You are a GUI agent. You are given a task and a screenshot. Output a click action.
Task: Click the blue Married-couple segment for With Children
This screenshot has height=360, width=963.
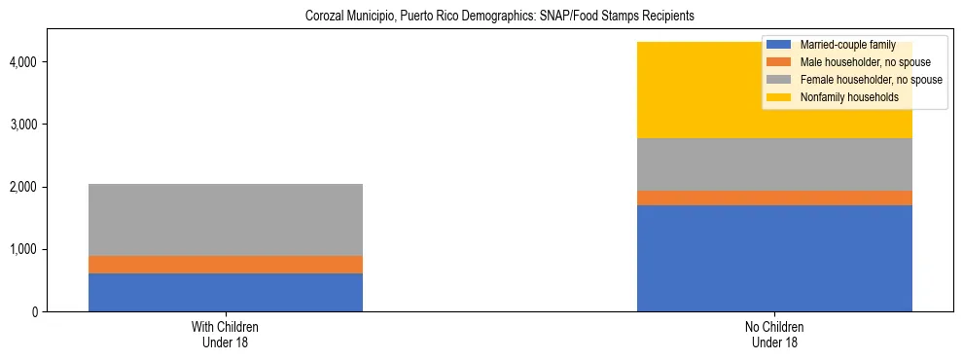pyautogui.click(x=226, y=292)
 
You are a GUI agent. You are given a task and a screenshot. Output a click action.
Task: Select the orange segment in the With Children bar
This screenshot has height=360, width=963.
pyautogui.click(x=226, y=265)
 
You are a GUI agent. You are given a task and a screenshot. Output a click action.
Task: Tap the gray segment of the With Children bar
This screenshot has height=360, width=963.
pyautogui.click(x=226, y=220)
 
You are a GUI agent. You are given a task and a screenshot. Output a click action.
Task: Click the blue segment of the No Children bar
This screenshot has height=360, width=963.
pyautogui.click(x=774, y=258)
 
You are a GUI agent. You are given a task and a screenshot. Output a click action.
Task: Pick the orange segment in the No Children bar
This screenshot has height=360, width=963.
pyautogui.click(x=774, y=198)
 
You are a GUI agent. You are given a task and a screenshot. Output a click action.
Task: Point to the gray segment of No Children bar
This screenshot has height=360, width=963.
pyautogui.click(x=774, y=164)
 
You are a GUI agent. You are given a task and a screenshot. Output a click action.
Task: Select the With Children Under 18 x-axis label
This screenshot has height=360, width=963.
pyautogui.click(x=226, y=334)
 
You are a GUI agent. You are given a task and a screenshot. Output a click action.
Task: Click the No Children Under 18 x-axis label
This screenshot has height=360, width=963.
pyautogui.click(x=774, y=334)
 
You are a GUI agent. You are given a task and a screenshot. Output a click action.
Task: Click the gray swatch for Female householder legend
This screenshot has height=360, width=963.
pyautogui.click(x=779, y=80)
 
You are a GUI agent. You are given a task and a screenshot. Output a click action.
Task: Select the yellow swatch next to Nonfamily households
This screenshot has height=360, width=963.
pyautogui.click(x=779, y=97)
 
